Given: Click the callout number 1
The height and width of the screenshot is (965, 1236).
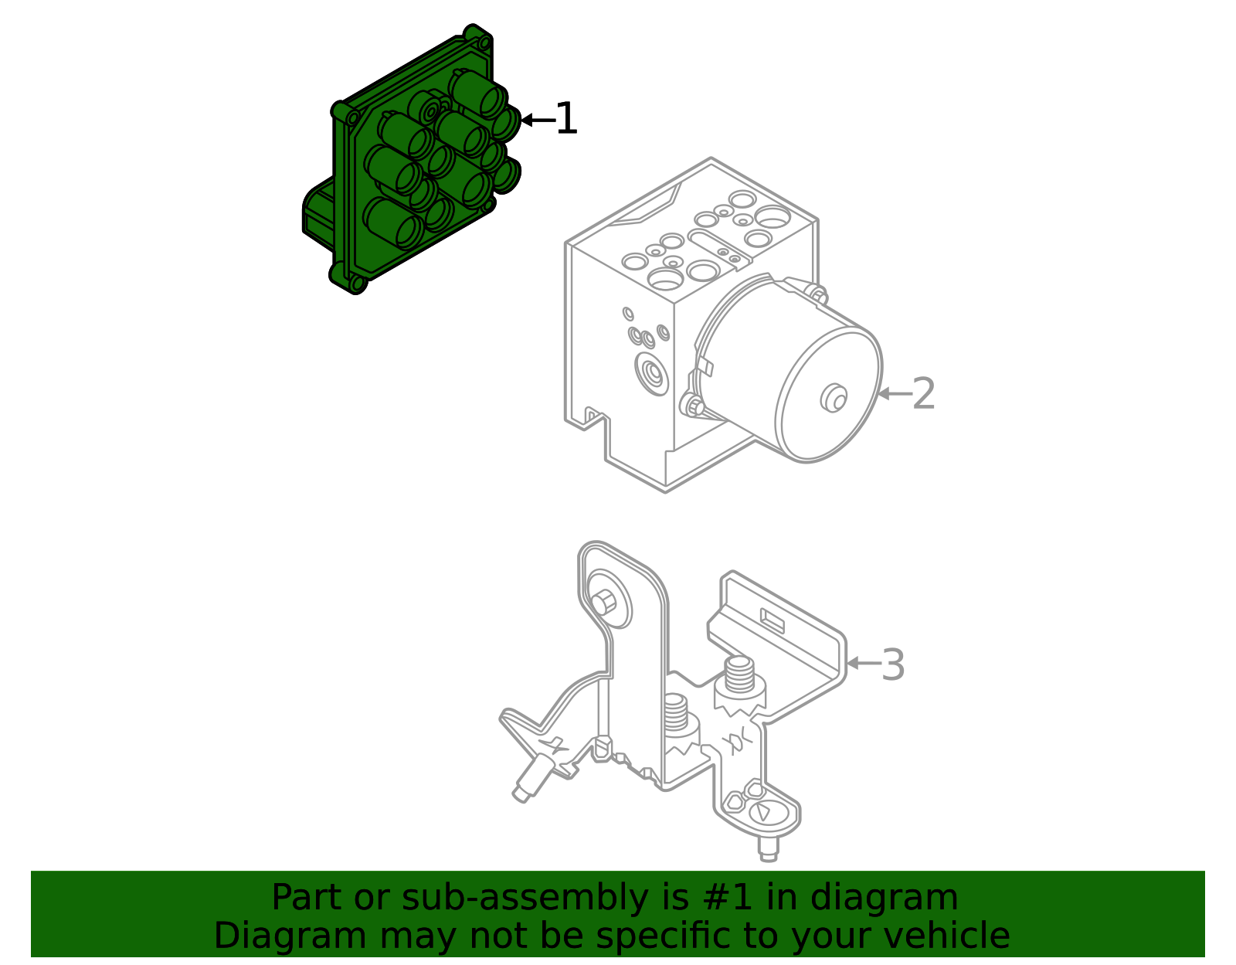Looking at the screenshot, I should click(566, 120).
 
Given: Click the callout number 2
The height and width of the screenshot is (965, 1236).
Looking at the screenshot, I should click(923, 394).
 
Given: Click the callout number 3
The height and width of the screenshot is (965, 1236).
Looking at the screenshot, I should click(892, 664).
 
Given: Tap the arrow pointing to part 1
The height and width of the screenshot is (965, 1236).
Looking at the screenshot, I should click(536, 120).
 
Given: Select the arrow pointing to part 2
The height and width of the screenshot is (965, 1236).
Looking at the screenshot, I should click(894, 394).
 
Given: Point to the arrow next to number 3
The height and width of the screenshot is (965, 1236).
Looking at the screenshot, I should click(863, 663).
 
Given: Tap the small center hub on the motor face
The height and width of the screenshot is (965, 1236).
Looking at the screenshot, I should click(833, 398).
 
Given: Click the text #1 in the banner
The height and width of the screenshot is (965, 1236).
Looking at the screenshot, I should click(726, 898).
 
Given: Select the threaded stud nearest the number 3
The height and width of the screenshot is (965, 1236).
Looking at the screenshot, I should click(739, 676).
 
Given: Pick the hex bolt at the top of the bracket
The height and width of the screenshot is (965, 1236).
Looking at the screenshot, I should click(604, 602).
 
